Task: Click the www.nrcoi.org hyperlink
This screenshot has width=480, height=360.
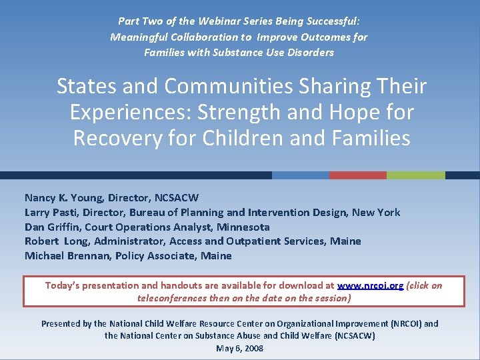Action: [370, 285]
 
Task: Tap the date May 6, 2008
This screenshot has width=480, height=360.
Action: [239, 348]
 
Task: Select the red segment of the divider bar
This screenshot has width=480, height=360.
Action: [358, 175]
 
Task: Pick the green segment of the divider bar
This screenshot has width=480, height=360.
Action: [415, 175]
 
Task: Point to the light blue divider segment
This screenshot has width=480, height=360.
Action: [301, 175]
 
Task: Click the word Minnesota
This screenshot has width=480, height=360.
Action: [243, 227]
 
